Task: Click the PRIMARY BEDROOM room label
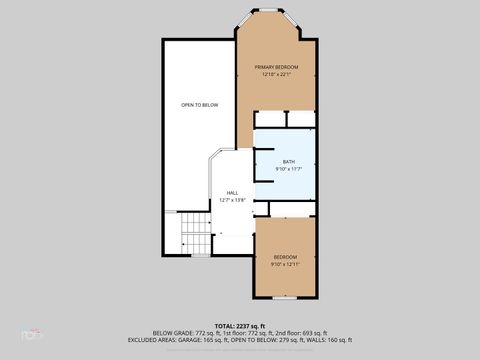[x=276, y=67]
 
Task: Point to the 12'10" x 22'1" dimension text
[x=276, y=75]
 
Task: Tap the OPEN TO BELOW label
[x=200, y=105]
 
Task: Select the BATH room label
[x=289, y=162]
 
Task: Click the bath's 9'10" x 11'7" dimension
[x=289, y=169]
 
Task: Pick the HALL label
[x=232, y=193]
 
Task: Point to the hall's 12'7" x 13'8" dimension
[x=232, y=200]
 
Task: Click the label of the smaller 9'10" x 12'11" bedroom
[x=285, y=257]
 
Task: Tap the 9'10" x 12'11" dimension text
[x=285, y=265]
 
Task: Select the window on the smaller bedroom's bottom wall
[x=285, y=298]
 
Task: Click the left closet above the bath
[x=270, y=119]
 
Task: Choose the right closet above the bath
[x=302, y=119]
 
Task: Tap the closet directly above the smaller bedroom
[x=291, y=209]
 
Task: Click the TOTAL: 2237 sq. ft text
[x=240, y=326]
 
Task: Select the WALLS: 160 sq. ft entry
[x=330, y=340]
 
